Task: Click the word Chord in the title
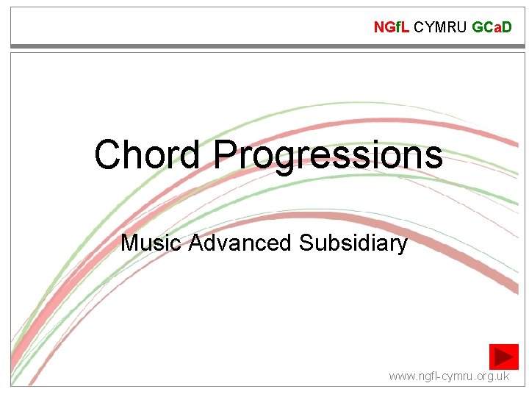(146, 155)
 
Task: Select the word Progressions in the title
(328, 157)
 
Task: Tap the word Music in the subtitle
(151, 243)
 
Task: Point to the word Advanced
(240, 243)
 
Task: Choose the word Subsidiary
(353, 243)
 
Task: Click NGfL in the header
(392, 28)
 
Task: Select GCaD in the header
(492, 28)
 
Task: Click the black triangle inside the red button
(504, 357)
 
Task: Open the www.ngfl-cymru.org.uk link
(449, 376)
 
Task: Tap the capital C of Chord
(109, 155)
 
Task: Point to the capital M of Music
(130, 243)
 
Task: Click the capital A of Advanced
(196, 243)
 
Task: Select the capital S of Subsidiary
(306, 243)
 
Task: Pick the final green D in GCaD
(507, 28)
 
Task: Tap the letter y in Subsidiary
(401, 246)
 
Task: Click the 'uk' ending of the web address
(503, 376)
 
